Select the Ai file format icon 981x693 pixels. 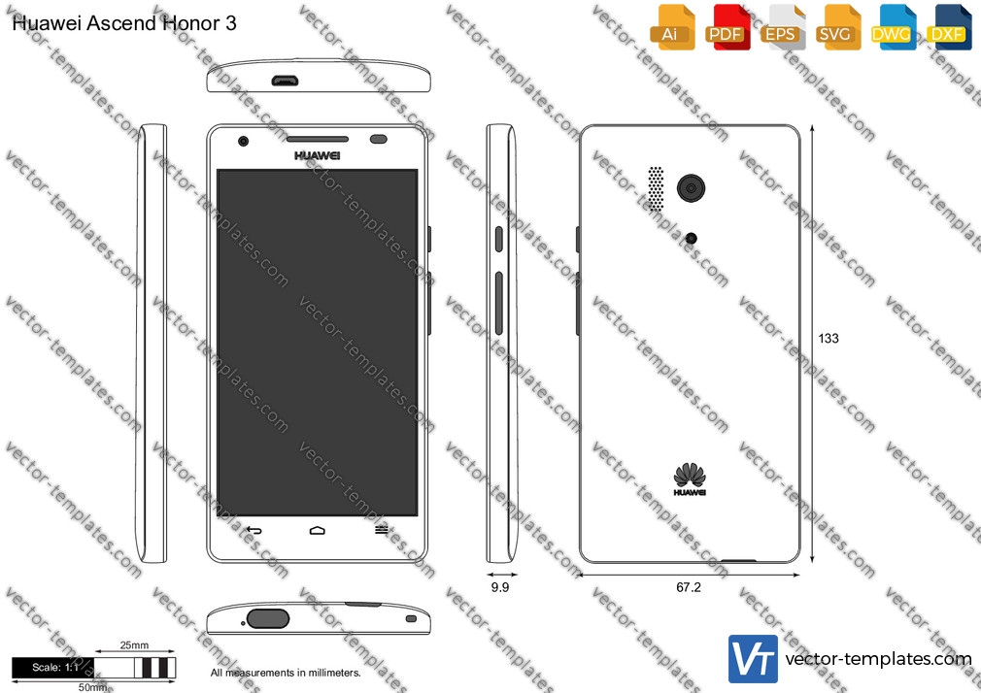(671, 27)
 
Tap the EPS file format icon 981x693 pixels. (782, 27)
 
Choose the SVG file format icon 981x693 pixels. (837, 27)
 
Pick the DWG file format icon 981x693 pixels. (893, 27)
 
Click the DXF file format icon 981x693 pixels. (949, 27)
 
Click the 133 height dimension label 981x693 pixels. (829, 339)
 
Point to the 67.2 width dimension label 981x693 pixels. (689, 587)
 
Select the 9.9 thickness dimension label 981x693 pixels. (500, 587)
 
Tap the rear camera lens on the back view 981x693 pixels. (692, 187)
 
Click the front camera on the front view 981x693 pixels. (244, 141)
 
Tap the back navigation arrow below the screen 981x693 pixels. (254, 530)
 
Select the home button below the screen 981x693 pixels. (318, 530)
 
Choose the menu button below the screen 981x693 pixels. (381, 530)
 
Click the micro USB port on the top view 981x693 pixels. (285, 81)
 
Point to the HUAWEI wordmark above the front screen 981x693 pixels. (318, 155)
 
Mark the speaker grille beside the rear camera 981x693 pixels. (656, 188)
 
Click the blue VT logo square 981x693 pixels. (754, 659)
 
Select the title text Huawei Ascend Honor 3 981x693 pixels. (124, 23)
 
